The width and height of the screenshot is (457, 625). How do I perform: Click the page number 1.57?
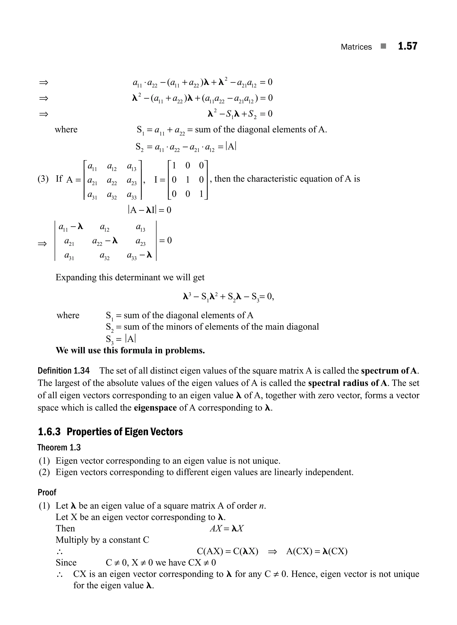pyautogui.click(x=407, y=46)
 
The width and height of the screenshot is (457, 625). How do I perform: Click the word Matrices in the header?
pyautogui.click(x=356, y=47)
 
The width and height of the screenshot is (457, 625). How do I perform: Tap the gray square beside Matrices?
pyautogui.click(x=383, y=46)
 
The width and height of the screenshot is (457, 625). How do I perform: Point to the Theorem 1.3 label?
pyautogui.click(x=59, y=447)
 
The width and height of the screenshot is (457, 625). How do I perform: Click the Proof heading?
pyautogui.click(x=47, y=492)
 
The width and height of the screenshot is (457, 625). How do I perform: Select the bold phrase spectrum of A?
pyautogui.click(x=390, y=371)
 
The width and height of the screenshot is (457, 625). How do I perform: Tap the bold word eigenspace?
pyautogui.click(x=155, y=408)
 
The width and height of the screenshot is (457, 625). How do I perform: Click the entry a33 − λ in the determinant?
pyautogui.click(x=139, y=255)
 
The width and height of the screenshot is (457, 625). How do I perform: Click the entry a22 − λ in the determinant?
pyautogui.click(x=105, y=241)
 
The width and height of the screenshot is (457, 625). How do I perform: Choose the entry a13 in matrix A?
pyautogui.click(x=132, y=167)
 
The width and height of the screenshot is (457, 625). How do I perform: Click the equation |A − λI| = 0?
pyautogui.click(x=149, y=210)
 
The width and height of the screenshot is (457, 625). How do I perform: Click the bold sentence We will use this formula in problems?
pyautogui.click(x=130, y=350)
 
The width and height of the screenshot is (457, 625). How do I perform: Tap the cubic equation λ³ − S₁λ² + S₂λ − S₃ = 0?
pyautogui.click(x=228, y=297)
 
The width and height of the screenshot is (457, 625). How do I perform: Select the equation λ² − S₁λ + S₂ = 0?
pyautogui.click(x=240, y=114)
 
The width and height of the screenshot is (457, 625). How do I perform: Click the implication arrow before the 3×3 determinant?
pyautogui.click(x=42, y=244)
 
